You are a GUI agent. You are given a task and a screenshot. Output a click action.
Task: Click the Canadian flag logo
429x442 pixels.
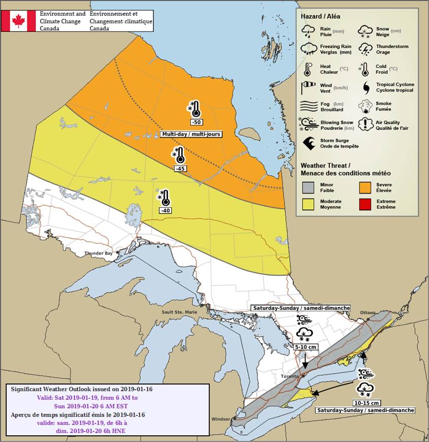pyautogui.click(x=18, y=21)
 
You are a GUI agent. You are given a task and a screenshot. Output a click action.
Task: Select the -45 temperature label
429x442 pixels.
pyautogui.click(x=180, y=169)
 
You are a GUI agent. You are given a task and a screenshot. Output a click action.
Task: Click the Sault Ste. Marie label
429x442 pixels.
pyautogui.click(x=178, y=312)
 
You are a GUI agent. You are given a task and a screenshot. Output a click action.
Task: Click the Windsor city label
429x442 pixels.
pyautogui.click(x=221, y=419)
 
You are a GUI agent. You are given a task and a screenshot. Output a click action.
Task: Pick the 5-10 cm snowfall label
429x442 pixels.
pyautogui.click(x=306, y=346)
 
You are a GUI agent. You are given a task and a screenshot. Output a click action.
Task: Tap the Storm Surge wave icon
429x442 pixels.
pyautogui.click(x=307, y=143)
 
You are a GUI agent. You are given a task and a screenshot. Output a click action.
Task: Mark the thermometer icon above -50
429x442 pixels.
pyautogui.click(x=194, y=108)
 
